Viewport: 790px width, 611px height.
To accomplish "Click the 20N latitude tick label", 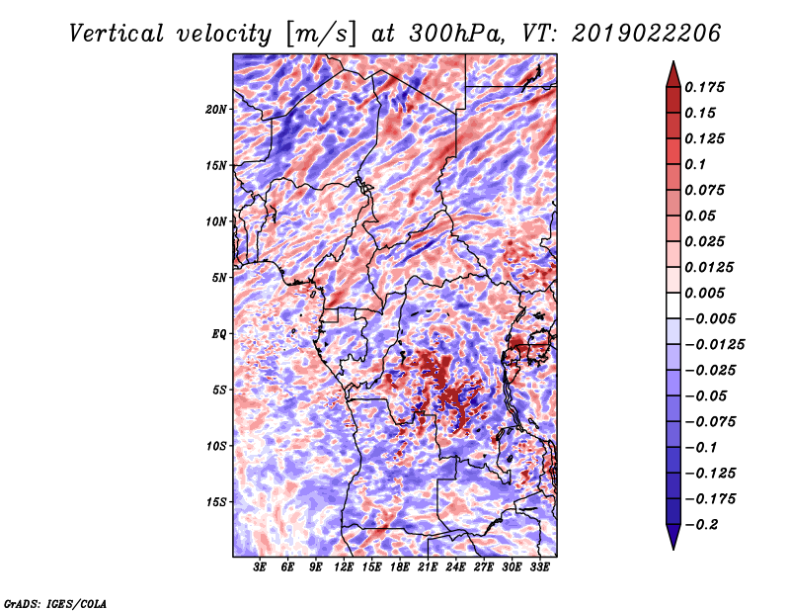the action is (215, 110).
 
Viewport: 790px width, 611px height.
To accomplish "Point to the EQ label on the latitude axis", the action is (218, 334).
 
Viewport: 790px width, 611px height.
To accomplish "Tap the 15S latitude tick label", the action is (216, 502).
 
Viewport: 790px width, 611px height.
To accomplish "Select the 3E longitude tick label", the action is (260, 567).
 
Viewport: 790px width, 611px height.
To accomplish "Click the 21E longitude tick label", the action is (428, 567).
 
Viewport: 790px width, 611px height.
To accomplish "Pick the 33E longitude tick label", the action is (539, 567).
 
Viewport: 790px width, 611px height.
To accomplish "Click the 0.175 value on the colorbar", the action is (704, 87).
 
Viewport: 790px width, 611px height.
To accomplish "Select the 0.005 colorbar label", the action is (704, 293).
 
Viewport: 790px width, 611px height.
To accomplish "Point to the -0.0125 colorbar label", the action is (714, 345).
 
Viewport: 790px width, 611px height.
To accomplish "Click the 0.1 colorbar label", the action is (695, 164).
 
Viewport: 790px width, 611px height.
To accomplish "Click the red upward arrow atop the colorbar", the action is (673, 74).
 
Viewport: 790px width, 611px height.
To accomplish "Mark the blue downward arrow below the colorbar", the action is (673, 537).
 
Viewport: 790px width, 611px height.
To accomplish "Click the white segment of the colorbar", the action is (673, 305).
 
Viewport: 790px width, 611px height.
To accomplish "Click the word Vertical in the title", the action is (117, 34).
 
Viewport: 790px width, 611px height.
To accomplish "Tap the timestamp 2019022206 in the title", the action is (647, 34).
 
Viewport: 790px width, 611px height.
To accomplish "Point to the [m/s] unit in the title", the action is (321, 34).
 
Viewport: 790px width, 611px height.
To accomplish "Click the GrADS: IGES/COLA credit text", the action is (55, 604).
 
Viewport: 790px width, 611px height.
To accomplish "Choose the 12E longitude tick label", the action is (343, 567).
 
